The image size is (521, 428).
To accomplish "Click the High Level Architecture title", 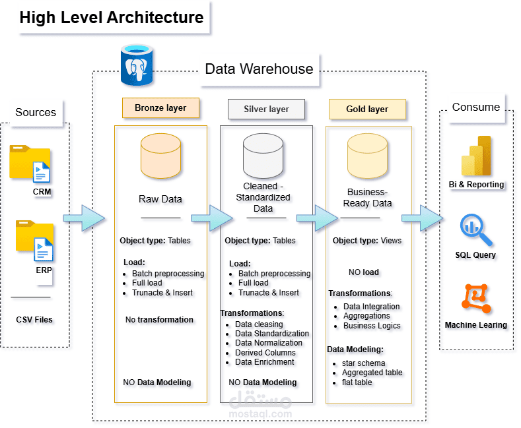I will (111, 17).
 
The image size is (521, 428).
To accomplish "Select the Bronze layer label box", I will (160, 108).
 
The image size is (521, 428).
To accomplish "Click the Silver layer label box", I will (266, 109).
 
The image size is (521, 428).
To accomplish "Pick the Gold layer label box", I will (367, 109).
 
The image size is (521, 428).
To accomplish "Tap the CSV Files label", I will (34, 320).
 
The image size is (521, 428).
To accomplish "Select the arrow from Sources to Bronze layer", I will (84, 218).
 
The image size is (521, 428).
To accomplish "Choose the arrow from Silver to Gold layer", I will (317, 218).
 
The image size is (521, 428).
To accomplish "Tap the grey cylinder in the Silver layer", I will (262, 154).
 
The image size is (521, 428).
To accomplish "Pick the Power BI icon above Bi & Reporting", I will (477, 156).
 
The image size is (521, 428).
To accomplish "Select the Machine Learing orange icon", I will (476, 299).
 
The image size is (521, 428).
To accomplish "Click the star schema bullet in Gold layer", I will (363, 363).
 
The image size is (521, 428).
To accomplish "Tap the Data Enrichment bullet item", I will (264, 361).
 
